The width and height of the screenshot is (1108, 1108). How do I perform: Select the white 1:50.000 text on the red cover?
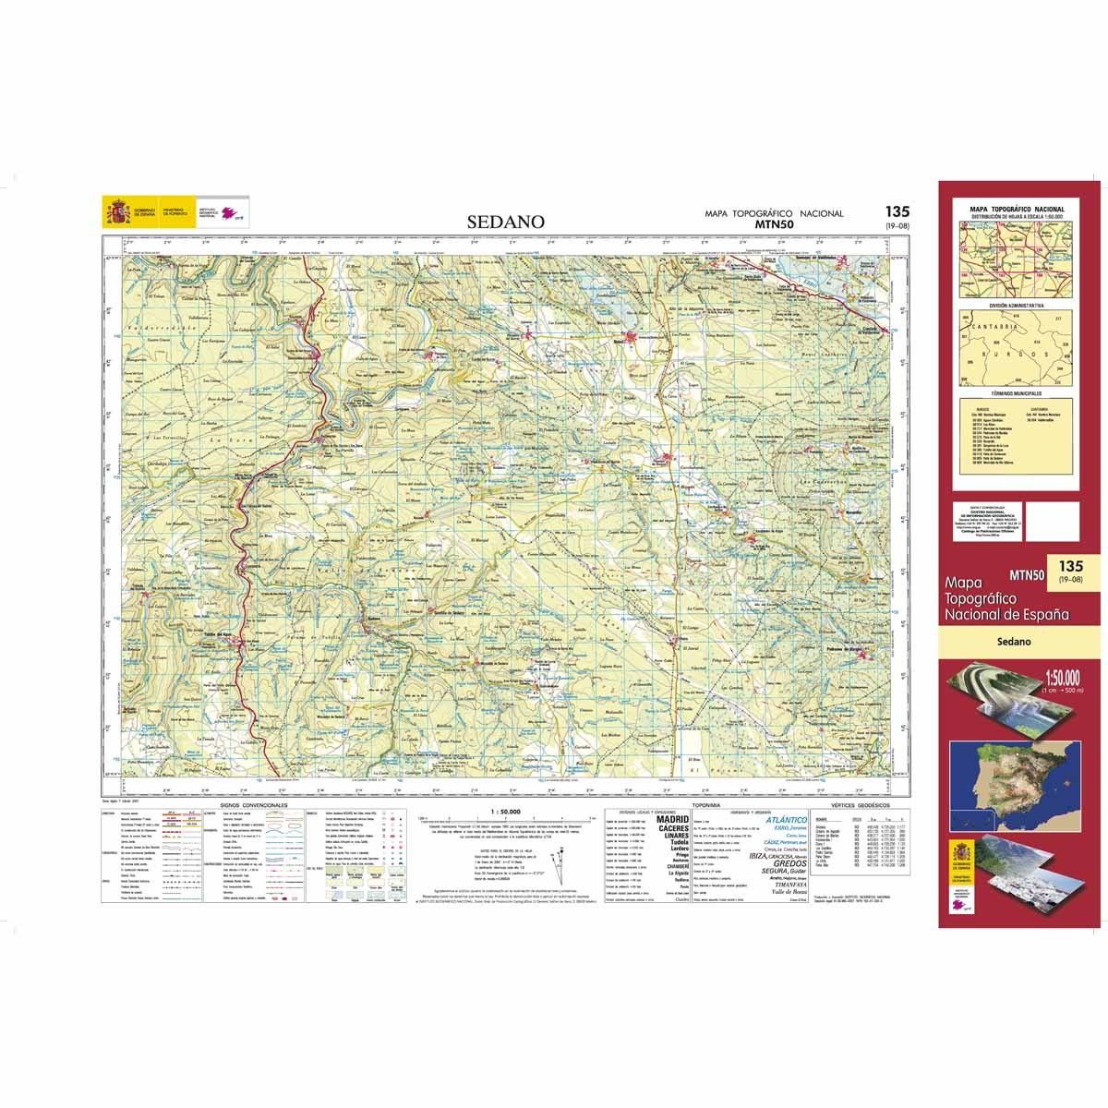[x=1064, y=680]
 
